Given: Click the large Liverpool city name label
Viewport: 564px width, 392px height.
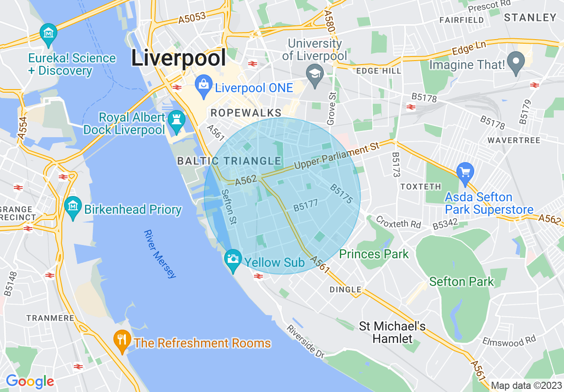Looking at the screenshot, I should click(x=178, y=58).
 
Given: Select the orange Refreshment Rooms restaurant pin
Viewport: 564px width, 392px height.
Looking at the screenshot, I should click(x=121, y=341).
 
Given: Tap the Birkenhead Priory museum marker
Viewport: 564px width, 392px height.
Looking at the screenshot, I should click(x=73, y=208).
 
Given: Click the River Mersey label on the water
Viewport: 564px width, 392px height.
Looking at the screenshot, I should click(x=160, y=254).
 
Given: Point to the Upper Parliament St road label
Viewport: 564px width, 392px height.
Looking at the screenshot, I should click(x=337, y=156).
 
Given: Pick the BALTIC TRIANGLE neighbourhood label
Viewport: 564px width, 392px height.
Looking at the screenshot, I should click(x=229, y=161).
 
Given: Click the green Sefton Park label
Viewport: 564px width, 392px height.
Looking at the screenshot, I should click(x=461, y=282).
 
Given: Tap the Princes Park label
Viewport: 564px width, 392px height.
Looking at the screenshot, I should click(x=374, y=254).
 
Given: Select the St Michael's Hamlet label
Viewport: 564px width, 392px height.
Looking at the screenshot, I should click(x=392, y=332).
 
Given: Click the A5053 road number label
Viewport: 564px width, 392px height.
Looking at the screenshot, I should click(x=192, y=18).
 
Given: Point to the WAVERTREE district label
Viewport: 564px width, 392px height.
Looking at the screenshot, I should click(x=514, y=140).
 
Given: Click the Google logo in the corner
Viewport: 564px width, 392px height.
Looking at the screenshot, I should click(x=29, y=381).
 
